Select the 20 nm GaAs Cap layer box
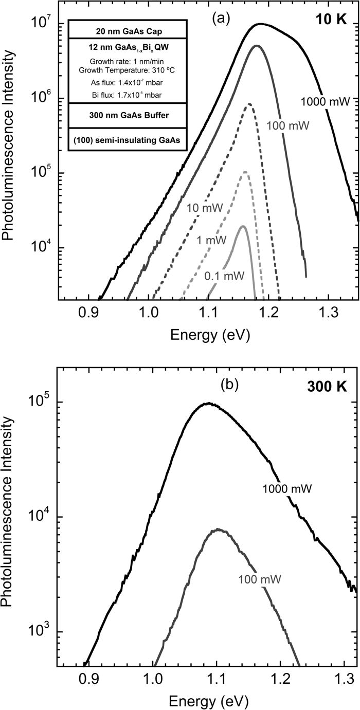[126, 29]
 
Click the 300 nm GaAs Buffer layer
[126, 115]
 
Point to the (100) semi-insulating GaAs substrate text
[126, 139]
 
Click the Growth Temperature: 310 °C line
[126, 65]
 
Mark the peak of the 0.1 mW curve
[242, 226]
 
